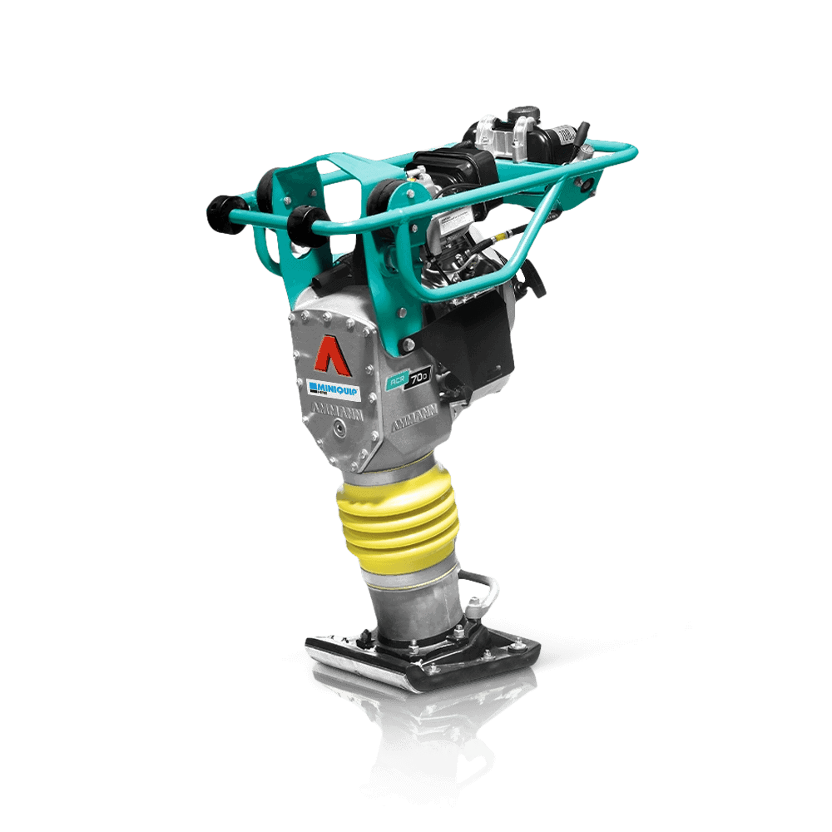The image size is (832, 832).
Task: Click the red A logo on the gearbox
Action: pos(329,353)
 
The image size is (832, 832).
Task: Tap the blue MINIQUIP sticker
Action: pos(333,388)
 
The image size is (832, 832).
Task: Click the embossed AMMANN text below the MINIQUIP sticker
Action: pos(337,410)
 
